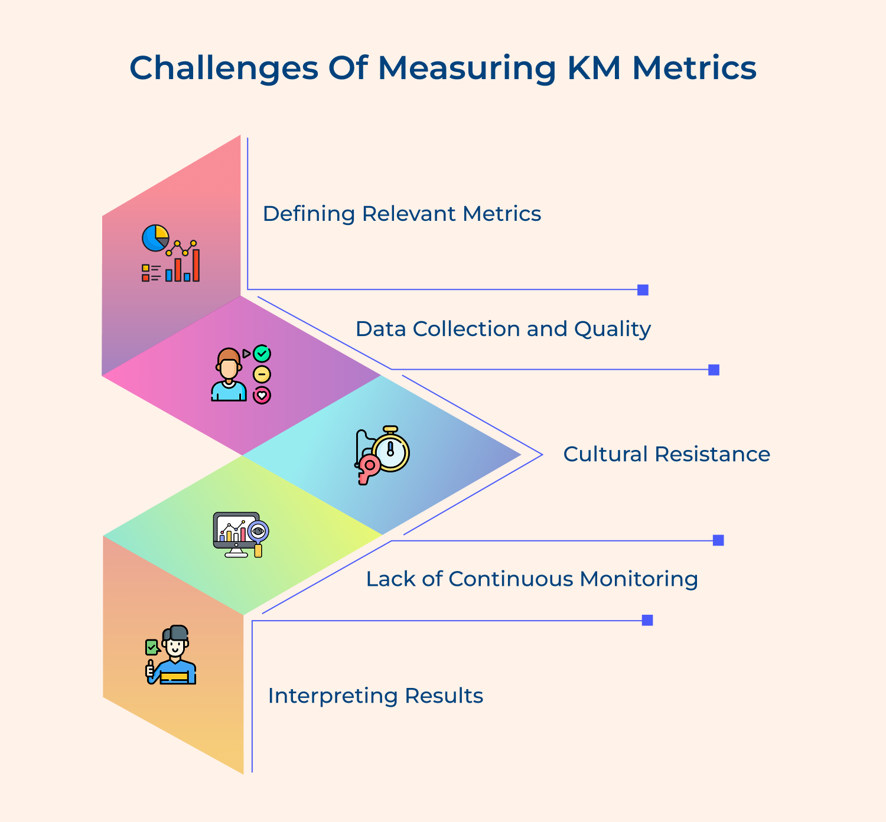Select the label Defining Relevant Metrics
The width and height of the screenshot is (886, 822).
click(402, 214)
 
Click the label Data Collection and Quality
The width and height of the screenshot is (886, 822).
click(503, 329)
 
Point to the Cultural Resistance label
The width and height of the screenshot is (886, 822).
click(666, 454)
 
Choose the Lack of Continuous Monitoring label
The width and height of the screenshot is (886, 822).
click(532, 579)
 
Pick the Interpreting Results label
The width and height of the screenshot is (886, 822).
click(376, 696)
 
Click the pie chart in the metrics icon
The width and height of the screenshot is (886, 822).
click(155, 237)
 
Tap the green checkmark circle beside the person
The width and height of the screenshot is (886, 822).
click(262, 354)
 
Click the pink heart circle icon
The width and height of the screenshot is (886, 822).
click(262, 395)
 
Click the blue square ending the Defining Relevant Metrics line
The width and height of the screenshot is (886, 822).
click(643, 290)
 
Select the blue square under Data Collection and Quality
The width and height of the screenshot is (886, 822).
click(714, 370)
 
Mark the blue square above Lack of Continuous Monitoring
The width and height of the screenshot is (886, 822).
click(718, 540)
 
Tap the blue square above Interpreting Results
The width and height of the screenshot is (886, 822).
click(647, 620)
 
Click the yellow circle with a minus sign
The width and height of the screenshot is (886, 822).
click(262, 374)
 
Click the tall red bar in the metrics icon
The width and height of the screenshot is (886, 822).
click(196, 266)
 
